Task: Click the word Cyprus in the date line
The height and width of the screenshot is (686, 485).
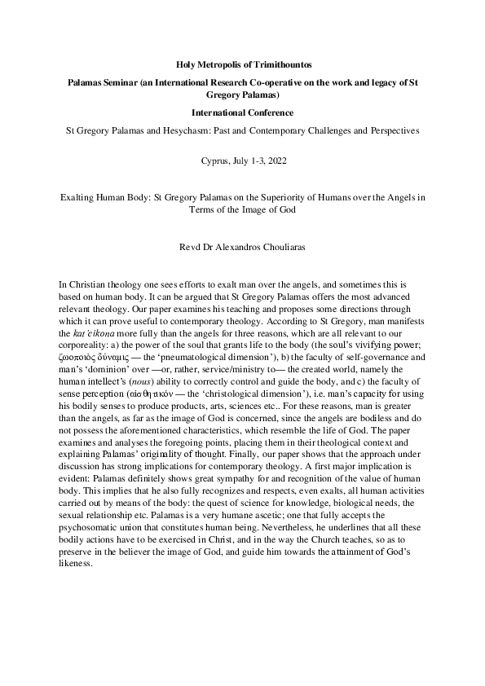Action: [214, 161]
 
